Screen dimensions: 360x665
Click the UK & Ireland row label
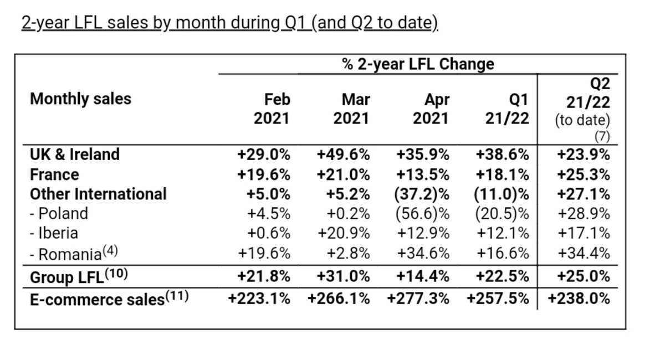(74, 154)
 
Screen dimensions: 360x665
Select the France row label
(54, 174)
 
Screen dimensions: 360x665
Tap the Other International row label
(98, 194)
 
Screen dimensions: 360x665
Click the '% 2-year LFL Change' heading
(418, 64)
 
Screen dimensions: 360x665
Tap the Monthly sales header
(80, 99)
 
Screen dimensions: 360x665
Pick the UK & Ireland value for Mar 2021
(343, 154)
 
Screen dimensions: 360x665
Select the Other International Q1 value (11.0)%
(503, 194)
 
